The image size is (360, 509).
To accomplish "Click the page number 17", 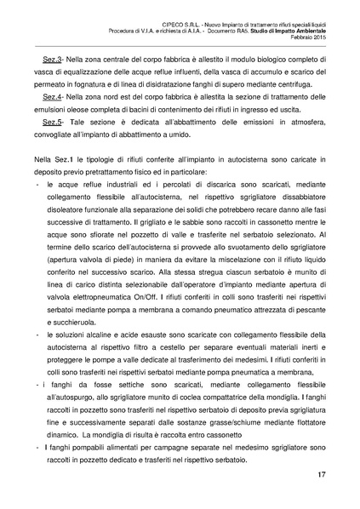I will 321,473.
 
